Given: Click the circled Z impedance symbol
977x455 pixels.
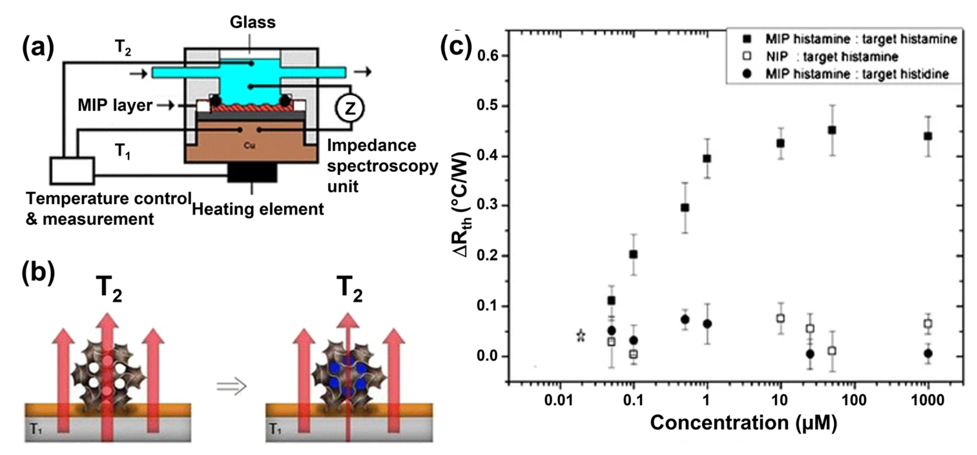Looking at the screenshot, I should point(349,108).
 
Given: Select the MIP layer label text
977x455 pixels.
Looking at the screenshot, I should point(115,105).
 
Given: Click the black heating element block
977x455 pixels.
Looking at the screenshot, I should point(252,173).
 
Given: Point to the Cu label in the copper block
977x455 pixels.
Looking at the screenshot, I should point(249,145).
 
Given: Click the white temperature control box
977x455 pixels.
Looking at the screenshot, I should point(72,170).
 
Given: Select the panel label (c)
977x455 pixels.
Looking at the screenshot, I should point(456,48).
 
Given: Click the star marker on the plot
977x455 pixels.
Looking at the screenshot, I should point(581,336).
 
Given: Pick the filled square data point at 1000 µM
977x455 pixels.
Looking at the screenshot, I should point(928,136).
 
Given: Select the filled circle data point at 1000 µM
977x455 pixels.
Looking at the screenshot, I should point(928,354).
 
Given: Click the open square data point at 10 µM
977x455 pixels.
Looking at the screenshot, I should point(780,318).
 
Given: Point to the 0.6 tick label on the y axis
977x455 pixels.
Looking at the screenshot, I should point(487,56).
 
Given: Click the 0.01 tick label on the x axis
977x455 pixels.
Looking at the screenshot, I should point(559,400).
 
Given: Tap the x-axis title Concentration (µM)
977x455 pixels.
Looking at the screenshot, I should point(743,423).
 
